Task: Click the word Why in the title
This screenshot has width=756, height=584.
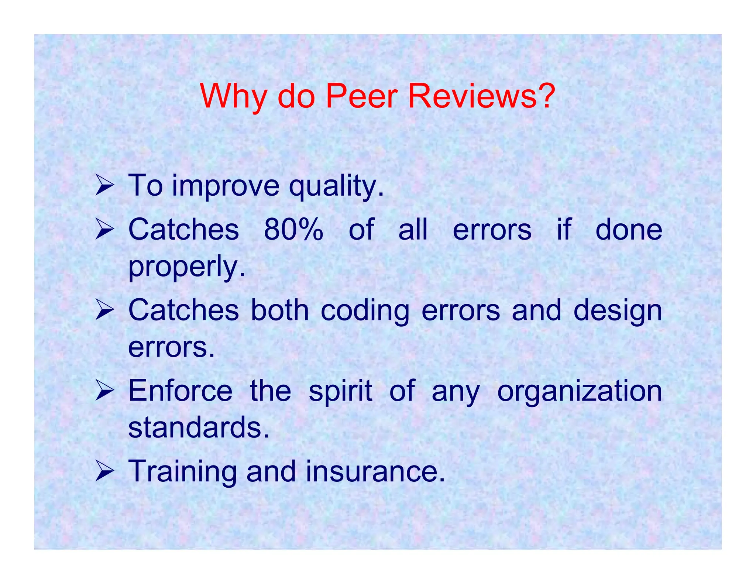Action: coord(232,97)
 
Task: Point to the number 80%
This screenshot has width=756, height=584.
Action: coord(293,230)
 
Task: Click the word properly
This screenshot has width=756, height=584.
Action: coord(186,267)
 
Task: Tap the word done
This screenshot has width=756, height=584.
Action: coord(629,230)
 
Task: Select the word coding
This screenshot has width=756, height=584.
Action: coord(365,311)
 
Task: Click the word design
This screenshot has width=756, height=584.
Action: coord(618,311)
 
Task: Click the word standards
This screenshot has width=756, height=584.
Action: coord(198,427)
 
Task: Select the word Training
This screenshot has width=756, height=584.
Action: coord(182,472)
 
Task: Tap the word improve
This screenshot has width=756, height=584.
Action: coord(226,186)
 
